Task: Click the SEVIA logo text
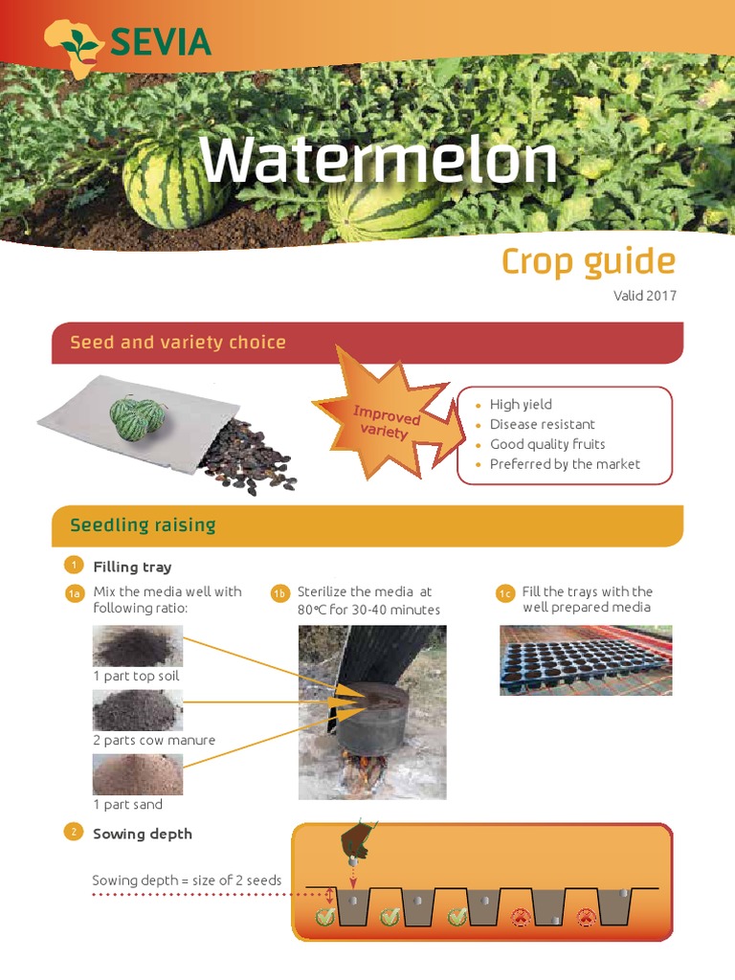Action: pos(160,42)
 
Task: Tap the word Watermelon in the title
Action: pos(378,161)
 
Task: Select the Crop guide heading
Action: pos(588,261)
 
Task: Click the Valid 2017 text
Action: pos(644,296)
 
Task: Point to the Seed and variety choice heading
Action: pos(178,342)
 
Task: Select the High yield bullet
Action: pos(520,405)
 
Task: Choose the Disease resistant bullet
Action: pos(542,424)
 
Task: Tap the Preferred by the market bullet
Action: pos(564,464)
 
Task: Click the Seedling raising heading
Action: pos(143,524)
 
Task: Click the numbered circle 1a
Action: pos(74,594)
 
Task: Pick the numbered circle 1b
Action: pos(279,594)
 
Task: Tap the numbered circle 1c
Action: pos(505,594)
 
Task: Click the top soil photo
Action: pos(138,646)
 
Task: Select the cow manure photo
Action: pos(138,710)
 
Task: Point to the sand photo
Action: pos(138,774)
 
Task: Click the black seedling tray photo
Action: pos(586,660)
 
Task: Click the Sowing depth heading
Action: pos(142,834)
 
